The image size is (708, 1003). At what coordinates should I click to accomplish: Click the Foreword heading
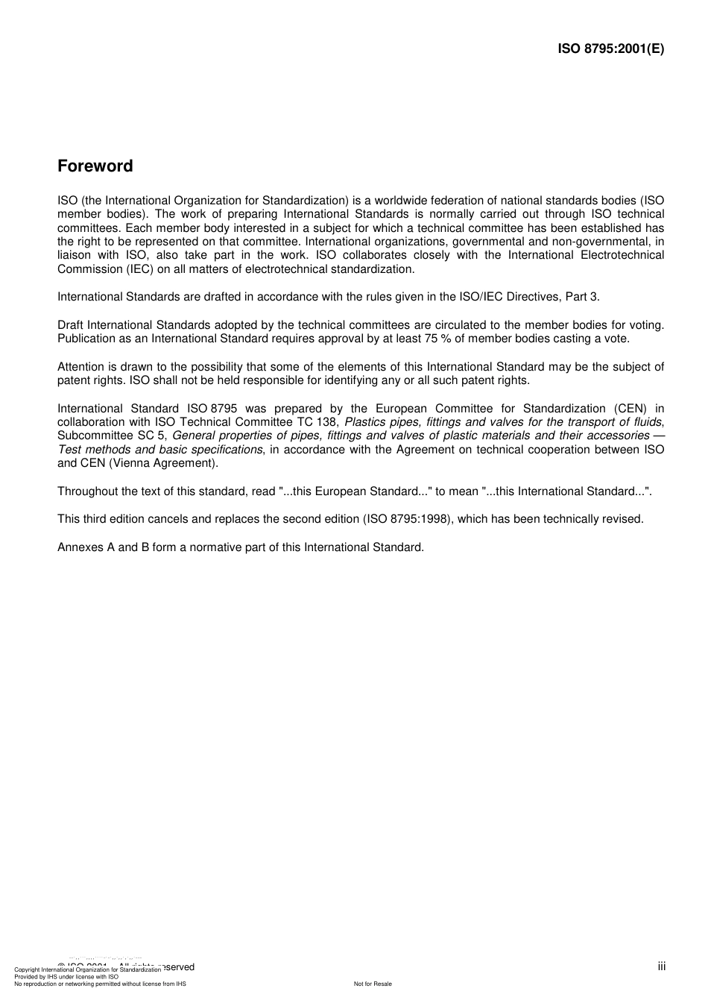(95, 166)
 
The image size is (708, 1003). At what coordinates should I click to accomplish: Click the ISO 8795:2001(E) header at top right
(610, 49)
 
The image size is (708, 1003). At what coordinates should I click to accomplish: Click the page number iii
(662, 966)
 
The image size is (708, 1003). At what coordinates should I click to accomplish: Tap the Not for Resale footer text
(373, 984)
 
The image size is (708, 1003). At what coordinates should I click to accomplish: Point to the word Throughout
(87, 491)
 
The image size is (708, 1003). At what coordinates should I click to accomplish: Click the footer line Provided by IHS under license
(66, 976)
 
